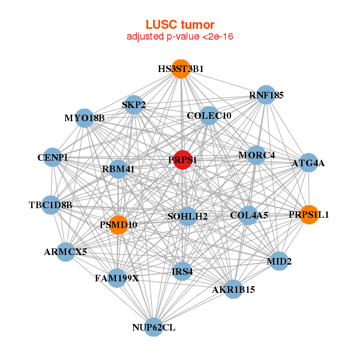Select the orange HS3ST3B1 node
coord(181,68)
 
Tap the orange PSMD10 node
coord(119,224)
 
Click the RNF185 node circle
coord(266,95)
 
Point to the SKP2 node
coord(134,105)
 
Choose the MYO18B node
coord(85,118)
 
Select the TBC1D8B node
coord(51,205)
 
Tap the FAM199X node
coord(117,278)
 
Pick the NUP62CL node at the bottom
coord(154,327)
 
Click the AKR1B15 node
coord(233,289)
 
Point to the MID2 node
coord(278,261)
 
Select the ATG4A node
coord(308,163)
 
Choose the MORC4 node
coord(256,155)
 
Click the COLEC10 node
coord(208,115)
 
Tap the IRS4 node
coord(182,271)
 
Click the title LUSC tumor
coord(180,25)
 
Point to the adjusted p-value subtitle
coord(180,37)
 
